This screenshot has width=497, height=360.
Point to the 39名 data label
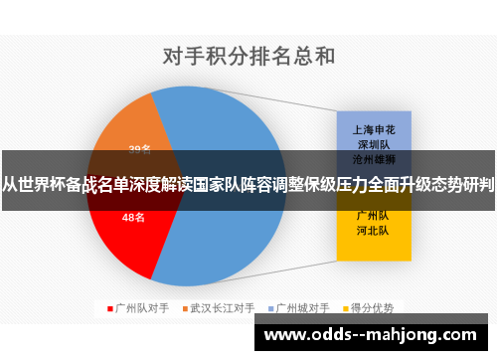click(x=139, y=150)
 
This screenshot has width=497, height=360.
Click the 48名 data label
click(x=133, y=217)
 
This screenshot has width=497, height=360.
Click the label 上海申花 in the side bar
click(x=371, y=129)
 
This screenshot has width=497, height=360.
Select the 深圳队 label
click(x=371, y=143)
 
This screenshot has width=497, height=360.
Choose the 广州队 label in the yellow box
click(x=371, y=214)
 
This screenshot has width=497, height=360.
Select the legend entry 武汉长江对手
click(x=223, y=307)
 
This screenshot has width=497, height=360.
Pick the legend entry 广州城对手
click(x=303, y=307)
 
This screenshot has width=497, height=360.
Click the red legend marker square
click(x=109, y=307)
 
